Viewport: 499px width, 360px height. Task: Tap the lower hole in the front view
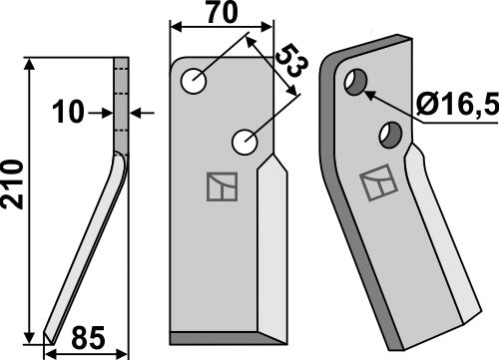coord(245,144)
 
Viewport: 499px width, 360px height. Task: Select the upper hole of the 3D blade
coord(354,83)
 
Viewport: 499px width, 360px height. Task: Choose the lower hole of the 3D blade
coord(390,133)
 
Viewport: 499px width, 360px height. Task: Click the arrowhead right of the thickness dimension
coord(137,114)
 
